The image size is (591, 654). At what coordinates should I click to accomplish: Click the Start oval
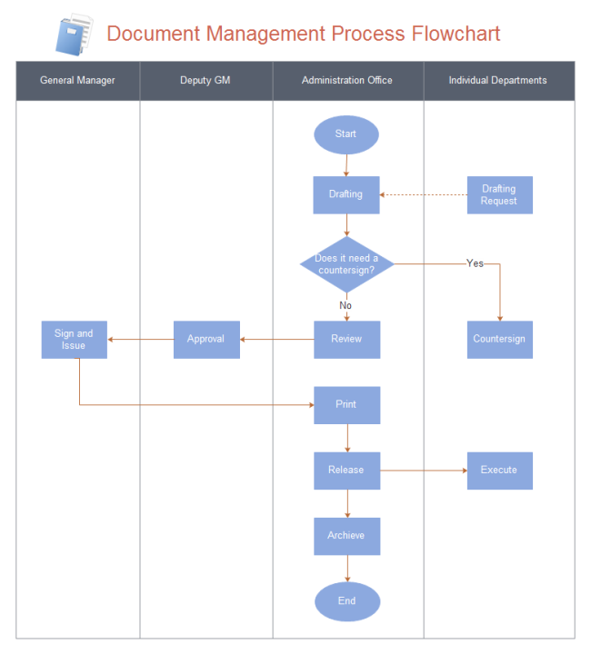(x=346, y=134)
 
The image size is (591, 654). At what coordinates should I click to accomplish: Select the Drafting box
(x=346, y=194)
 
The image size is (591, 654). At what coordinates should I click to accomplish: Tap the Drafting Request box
(x=499, y=194)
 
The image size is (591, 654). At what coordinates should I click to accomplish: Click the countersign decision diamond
(x=346, y=264)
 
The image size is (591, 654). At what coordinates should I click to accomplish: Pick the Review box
(x=346, y=339)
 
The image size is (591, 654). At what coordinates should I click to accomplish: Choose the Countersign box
(x=499, y=339)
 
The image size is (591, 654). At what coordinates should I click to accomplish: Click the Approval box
(x=206, y=339)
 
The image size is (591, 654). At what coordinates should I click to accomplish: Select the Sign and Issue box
(x=74, y=339)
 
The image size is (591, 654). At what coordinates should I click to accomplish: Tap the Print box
(x=346, y=405)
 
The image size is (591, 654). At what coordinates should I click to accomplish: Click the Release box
(x=346, y=471)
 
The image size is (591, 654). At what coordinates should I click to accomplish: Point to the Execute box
(x=499, y=471)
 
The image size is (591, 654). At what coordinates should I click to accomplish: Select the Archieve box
(x=346, y=536)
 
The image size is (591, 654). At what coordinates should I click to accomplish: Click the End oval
(x=346, y=601)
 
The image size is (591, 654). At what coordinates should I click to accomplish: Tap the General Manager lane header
(x=78, y=81)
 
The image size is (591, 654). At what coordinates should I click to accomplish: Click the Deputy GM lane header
(x=205, y=81)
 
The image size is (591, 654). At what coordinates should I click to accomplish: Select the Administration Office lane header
(x=347, y=81)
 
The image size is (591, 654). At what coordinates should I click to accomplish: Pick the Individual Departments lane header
(x=498, y=81)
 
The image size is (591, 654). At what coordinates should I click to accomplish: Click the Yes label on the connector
(x=475, y=263)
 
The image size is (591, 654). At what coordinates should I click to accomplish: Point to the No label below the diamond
(x=346, y=305)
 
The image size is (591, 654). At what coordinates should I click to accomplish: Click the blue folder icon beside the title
(x=74, y=35)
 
